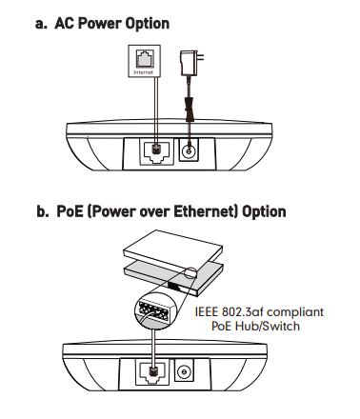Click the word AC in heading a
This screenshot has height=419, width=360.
[x=65, y=23]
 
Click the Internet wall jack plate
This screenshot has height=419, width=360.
[x=144, y=61]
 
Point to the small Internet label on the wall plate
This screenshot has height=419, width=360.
[x=144, y=72]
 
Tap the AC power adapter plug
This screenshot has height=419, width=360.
[x=191, y=63]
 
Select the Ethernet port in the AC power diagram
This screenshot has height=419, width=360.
[x=157, y=152]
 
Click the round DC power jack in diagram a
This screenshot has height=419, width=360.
[x=189, y=150]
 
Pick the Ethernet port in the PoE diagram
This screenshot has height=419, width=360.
[x=152, y=371]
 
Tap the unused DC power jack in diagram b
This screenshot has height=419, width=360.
[x=184, y=370]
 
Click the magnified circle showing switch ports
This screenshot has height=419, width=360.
[x=156, y=310]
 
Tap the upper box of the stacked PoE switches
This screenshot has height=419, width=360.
[x=173, y=250]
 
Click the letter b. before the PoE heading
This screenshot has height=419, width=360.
[x=43, y=211]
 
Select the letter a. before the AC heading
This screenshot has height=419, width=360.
[x=41, y=25]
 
